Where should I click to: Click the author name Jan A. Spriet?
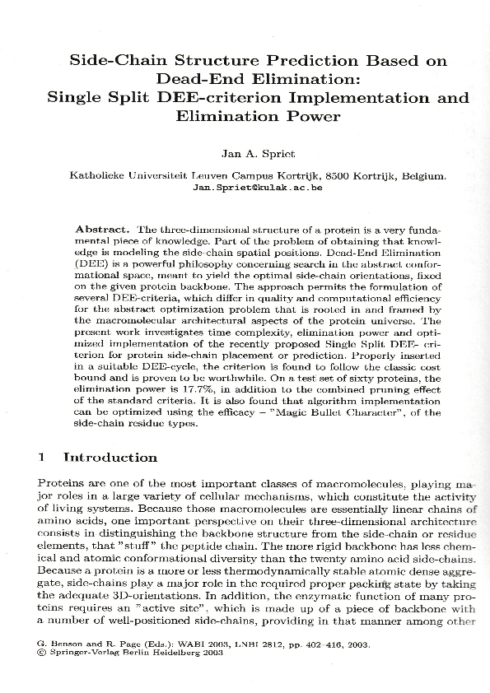(257, 153)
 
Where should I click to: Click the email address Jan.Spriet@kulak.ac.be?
(256, 187)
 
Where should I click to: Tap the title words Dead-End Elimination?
(256, 79)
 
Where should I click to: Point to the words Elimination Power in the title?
(257, 116)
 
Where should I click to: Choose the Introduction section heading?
(110, 457)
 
